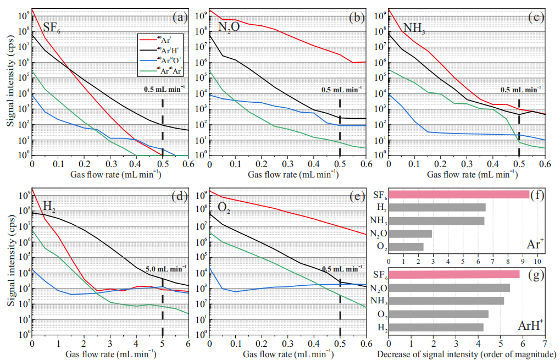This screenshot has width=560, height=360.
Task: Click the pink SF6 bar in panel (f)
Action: coord(459,194)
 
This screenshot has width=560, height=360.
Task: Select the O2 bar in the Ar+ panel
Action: coord(406,247)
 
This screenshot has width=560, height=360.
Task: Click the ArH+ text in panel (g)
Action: coord(530,325)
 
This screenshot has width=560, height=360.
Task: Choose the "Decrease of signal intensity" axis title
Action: coord(467,353)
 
